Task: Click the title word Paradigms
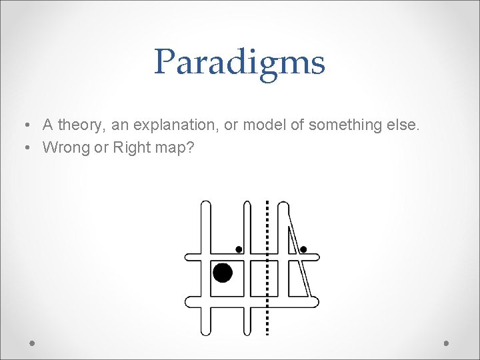[x=239, y=63]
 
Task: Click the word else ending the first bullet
[x=405, y=125]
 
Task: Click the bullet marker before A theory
[x=24, y=125]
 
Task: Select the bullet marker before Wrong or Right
[x=24, y=148]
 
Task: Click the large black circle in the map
[x=223, y=273]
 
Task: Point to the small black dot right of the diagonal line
[x=303, y=249]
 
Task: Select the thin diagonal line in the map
[x=298, y=253]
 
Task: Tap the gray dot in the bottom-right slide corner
[x=447, y=343]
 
